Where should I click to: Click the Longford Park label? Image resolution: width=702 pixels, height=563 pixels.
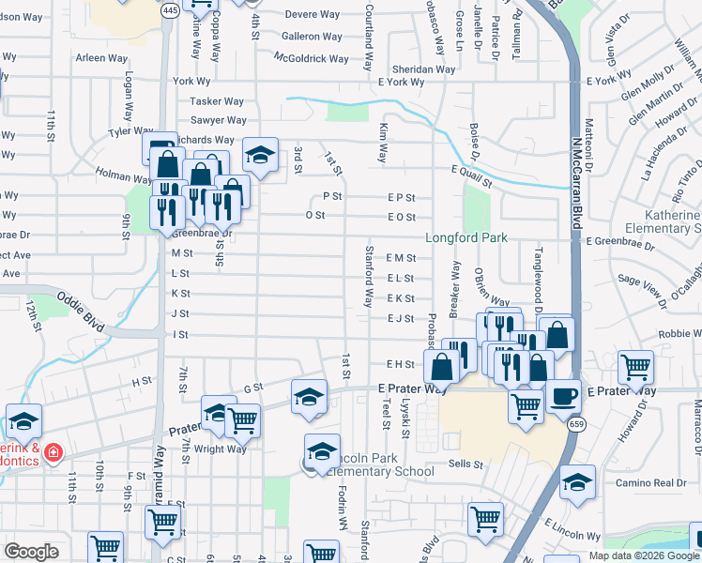(x=466, y=237)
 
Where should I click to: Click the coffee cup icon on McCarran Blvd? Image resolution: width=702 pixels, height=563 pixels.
(x=564, y=396)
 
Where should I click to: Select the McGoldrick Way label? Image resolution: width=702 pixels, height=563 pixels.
(x=311, y=58)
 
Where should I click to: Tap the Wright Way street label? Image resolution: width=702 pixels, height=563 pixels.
(x=221, y=449)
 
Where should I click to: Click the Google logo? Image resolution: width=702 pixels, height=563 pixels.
(x=32, y=551)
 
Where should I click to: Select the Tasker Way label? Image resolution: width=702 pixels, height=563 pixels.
(x=217, y=100)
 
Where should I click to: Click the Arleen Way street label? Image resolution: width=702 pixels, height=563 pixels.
(x=101, y=57)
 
